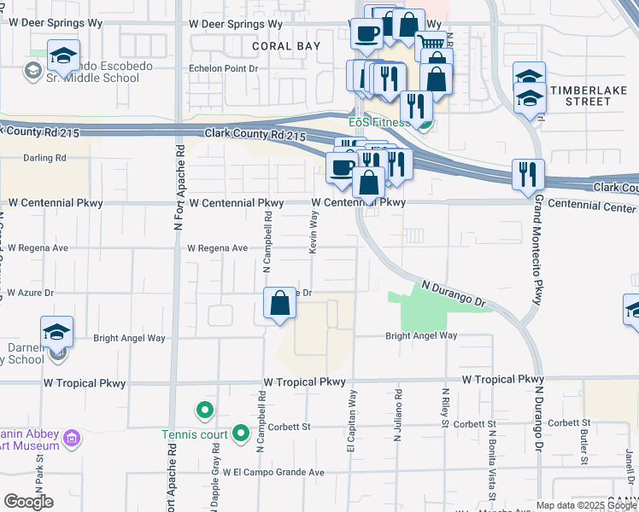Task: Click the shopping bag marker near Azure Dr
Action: point(280,304)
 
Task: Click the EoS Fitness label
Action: point(379,122)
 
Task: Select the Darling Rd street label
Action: point(44,158)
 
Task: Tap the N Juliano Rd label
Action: point(398,416)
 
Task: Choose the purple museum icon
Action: point(73,439)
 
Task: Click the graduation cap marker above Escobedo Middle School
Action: point(63,55)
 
